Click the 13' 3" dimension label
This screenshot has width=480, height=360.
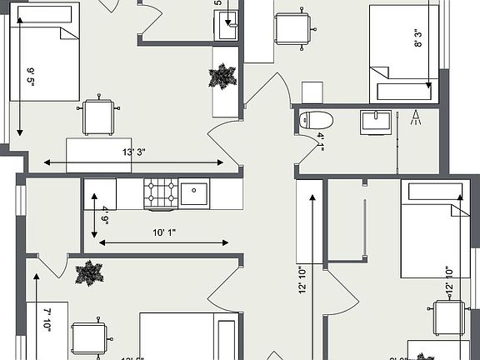pyautogui.click(x=133, y=152)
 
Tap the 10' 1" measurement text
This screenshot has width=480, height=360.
pyautogui.click(x=162, y=232)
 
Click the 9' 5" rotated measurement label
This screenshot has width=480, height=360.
pyautogui.click(x=30, y=80)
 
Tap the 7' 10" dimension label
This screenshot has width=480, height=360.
pyautogui.click(x=47, y=320)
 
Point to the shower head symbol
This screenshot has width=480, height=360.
pyautogui.click(x=416, y=117)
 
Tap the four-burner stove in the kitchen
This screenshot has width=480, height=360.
pyautogui.click(x=161, y=194)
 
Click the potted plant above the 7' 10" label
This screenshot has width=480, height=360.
pyautogui.click(x=87, y=272)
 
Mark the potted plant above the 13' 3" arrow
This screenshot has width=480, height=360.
pyautogui.click(x=222, y=77)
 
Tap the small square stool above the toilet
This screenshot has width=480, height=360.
pyautogui.click(x=312, y=92)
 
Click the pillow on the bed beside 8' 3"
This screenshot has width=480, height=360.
pyautogui.click(x=405, y=91)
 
